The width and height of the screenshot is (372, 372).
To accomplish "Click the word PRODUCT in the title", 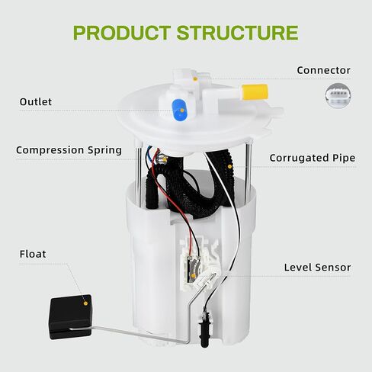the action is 122,33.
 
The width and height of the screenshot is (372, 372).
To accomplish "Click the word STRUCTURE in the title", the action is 238,33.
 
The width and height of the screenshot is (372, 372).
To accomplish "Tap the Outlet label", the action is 36,102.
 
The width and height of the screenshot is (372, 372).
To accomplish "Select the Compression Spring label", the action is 69,150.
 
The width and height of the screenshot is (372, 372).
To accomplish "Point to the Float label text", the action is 33,254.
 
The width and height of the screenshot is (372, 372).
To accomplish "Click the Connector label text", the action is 323,70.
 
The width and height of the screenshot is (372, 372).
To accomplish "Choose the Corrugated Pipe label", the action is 313,158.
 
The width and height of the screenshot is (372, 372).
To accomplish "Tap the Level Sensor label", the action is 317,268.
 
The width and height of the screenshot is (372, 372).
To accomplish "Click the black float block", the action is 70,316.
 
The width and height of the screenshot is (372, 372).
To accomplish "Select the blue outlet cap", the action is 180,110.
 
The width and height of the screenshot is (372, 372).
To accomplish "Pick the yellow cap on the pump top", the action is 255,91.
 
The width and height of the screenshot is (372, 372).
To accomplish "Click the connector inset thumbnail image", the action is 338,96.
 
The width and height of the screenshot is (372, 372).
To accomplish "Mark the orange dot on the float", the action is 85,303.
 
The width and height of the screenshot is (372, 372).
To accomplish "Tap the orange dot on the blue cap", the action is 182,111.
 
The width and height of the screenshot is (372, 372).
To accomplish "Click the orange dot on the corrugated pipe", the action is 229,167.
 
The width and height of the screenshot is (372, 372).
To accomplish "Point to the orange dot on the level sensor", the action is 193,276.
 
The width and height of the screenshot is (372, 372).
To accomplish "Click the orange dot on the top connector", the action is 195,79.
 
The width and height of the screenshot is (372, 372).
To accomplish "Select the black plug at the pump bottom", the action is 204,328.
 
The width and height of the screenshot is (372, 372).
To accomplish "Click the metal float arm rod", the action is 132,333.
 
